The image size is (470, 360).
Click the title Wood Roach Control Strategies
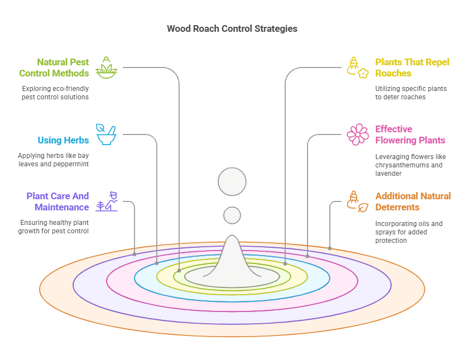coord(232,28)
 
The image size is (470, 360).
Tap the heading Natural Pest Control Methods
coord(54,68)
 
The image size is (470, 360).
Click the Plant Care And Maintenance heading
coord(57,201)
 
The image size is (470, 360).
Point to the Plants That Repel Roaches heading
coord(412,68)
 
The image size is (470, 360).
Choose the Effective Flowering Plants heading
coord(410,135)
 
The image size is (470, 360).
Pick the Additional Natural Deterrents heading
coord(413,201)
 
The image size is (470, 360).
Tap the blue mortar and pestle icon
coord(106,135)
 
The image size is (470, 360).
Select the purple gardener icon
coord(107,201)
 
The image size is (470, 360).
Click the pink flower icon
coord(358,135)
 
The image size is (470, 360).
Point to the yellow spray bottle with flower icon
coord(358,67)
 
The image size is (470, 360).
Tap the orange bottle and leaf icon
coord(357,201)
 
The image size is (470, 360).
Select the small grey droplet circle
coord(232,215)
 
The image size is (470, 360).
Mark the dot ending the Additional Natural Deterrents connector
coord(330,248)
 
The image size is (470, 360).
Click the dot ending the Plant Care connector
coord(135,255)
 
